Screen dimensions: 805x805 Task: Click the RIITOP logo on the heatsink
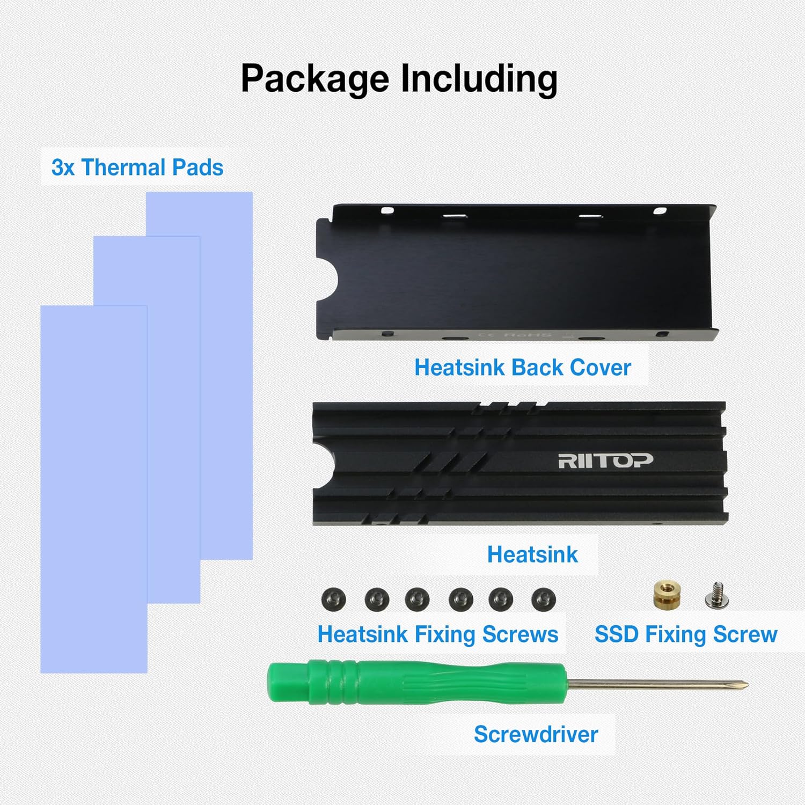tap(605, 460)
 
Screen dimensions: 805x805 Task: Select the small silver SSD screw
tap(716, 596)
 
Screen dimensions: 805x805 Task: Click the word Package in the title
tap(314, 79)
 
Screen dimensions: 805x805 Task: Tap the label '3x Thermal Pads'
tap(137, 167)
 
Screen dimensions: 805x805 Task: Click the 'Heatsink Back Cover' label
tap(523, 368)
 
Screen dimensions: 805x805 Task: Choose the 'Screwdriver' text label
tap(536, 734)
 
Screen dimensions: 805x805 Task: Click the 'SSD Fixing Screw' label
tap(686, 634)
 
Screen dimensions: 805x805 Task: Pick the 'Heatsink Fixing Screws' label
tap(438, 634)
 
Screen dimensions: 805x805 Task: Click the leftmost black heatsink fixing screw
tap(334, 599)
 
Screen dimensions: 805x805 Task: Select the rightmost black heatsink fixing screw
tap(544, 599)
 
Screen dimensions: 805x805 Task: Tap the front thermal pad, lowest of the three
tap(94, 489)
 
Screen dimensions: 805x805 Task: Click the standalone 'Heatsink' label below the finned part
tap(532, 555)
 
